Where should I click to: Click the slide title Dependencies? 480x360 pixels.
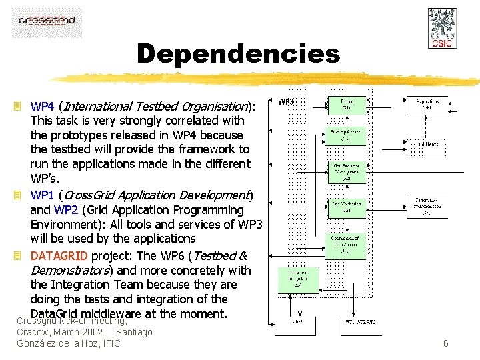238,54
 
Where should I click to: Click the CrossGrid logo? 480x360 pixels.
47,22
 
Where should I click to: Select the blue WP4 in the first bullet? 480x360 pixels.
43,106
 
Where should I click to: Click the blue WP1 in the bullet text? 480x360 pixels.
43,195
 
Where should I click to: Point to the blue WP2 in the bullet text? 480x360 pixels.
66,210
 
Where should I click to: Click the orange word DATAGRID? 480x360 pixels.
59,256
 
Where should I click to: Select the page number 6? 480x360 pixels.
445,343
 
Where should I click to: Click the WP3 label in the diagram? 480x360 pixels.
286,102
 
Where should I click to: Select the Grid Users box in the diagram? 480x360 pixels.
427,143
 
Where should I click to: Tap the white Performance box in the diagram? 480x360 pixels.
427,206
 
